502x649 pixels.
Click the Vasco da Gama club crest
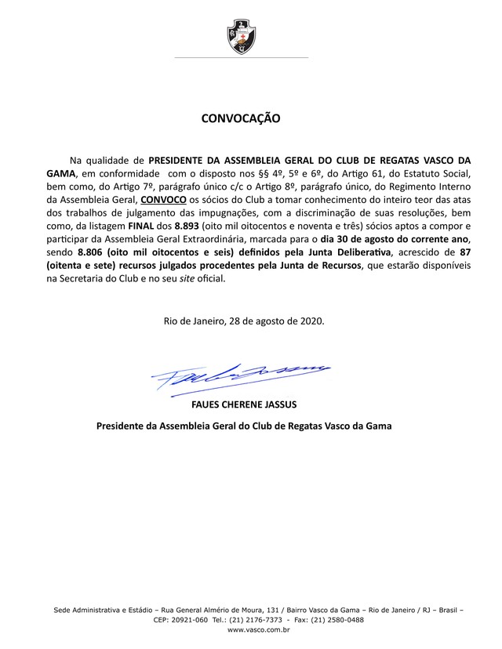pos(241,34)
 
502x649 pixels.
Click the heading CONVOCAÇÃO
pos(241,120)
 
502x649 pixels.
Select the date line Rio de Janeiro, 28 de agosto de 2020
pos(244,321)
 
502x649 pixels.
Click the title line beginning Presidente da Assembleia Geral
pos(243,426)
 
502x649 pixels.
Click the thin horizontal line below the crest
pos(241,57)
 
